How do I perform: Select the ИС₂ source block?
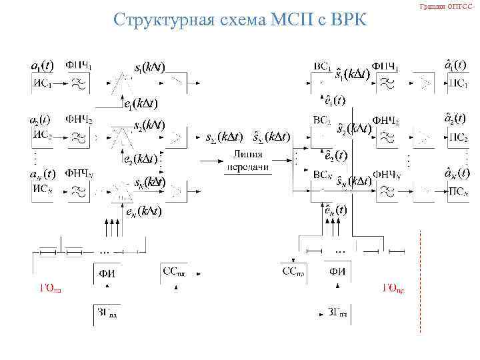point(41,134)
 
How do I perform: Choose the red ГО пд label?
point(50,288)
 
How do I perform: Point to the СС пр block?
point(294,271)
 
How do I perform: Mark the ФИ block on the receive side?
point(337,272)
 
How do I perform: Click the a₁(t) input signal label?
point(43,65)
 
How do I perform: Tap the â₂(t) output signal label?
point(455,118)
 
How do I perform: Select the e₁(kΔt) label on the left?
point(140,103)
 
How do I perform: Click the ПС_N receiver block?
point(455,191)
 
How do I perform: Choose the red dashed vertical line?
point(421,280)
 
